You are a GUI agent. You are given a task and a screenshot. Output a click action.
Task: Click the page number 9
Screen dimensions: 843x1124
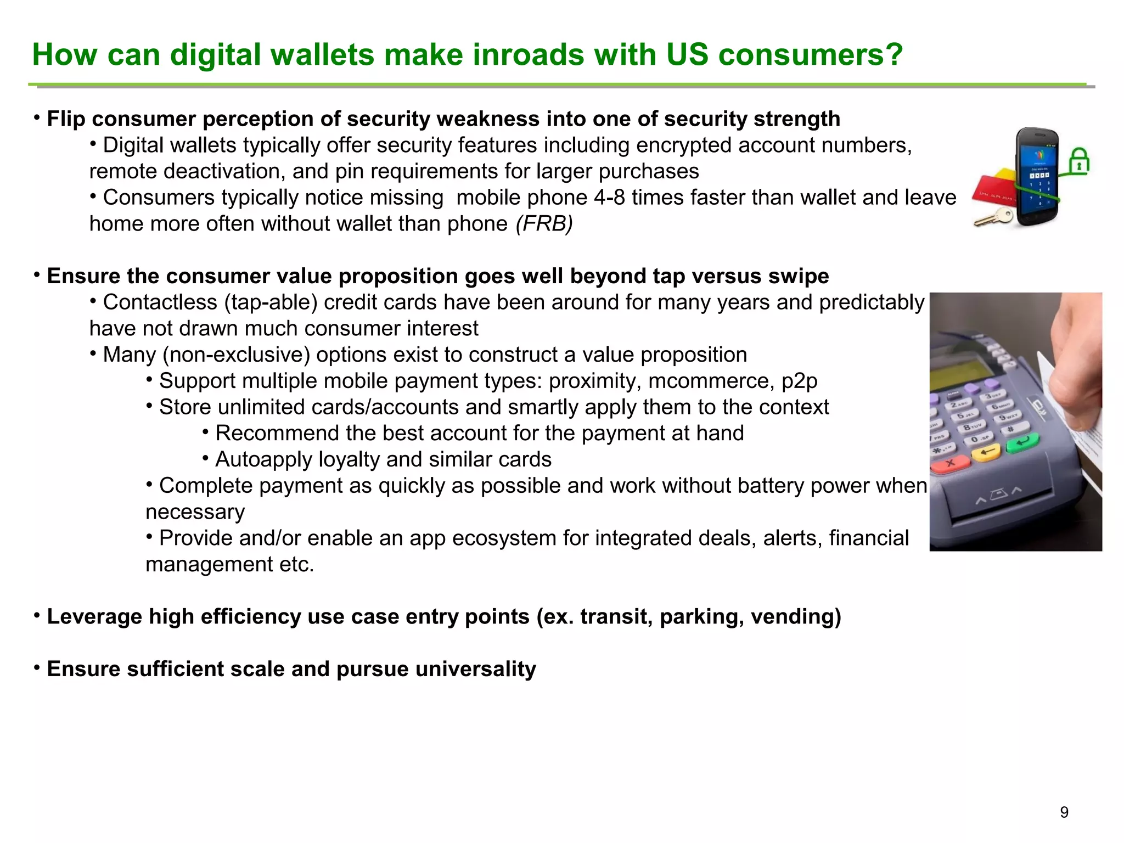[1064, 812]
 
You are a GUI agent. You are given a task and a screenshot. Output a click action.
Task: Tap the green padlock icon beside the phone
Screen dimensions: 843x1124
[1079, 162]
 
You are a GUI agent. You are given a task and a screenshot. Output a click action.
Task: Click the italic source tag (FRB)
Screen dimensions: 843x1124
[544, 224]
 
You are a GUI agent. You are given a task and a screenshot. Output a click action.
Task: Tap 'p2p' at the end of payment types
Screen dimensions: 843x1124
[799, 381]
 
